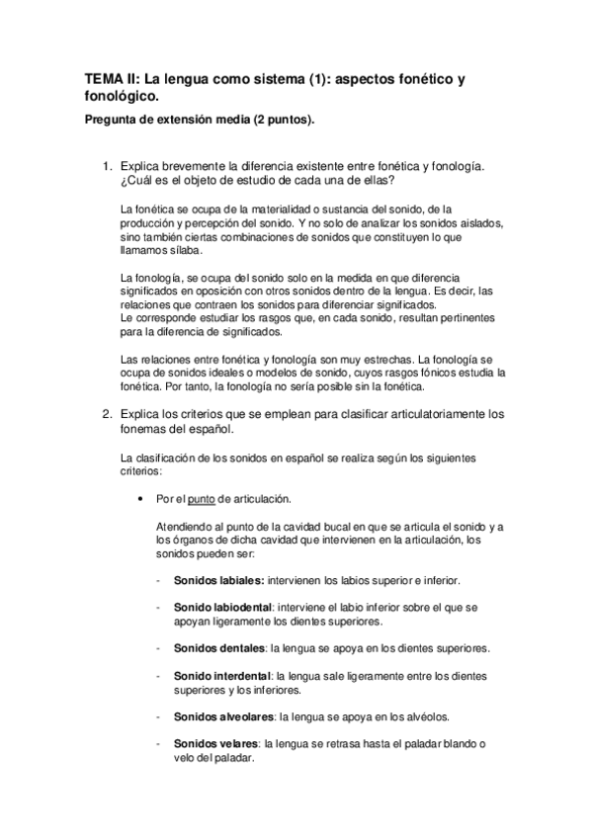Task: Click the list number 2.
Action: (107, 385)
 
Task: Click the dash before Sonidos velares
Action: (160, 742)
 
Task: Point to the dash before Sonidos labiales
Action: (160, 580)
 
